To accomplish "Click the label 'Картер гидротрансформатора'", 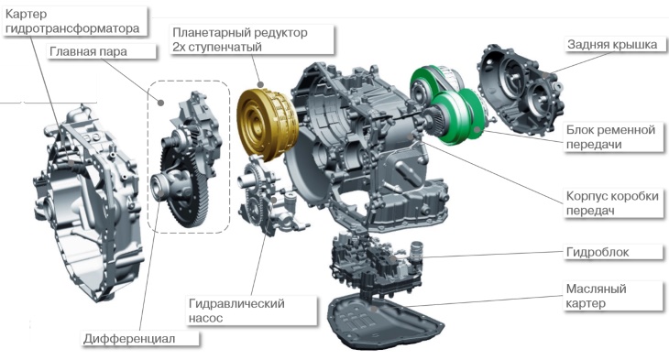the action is point(72,21).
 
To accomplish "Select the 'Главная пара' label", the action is point(88,51).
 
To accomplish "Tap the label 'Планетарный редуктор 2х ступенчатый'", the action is point(240,39).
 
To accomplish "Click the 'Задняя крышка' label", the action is point(612,44).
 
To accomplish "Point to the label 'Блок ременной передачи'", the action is point(610,136).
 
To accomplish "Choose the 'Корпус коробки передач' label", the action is point(612,203).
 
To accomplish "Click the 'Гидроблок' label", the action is point(598,252).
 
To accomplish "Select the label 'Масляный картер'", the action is point(596,296).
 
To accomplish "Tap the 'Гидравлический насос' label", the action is point(236,311).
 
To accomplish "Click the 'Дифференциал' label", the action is point(129,339).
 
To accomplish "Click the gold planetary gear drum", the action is point(267,125).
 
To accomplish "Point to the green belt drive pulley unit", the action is point(448,104).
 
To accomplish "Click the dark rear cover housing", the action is point(520,89).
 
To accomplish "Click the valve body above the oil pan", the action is point(376,259).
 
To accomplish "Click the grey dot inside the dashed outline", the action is point(161,103).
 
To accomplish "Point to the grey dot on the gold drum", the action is point(260,84).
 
